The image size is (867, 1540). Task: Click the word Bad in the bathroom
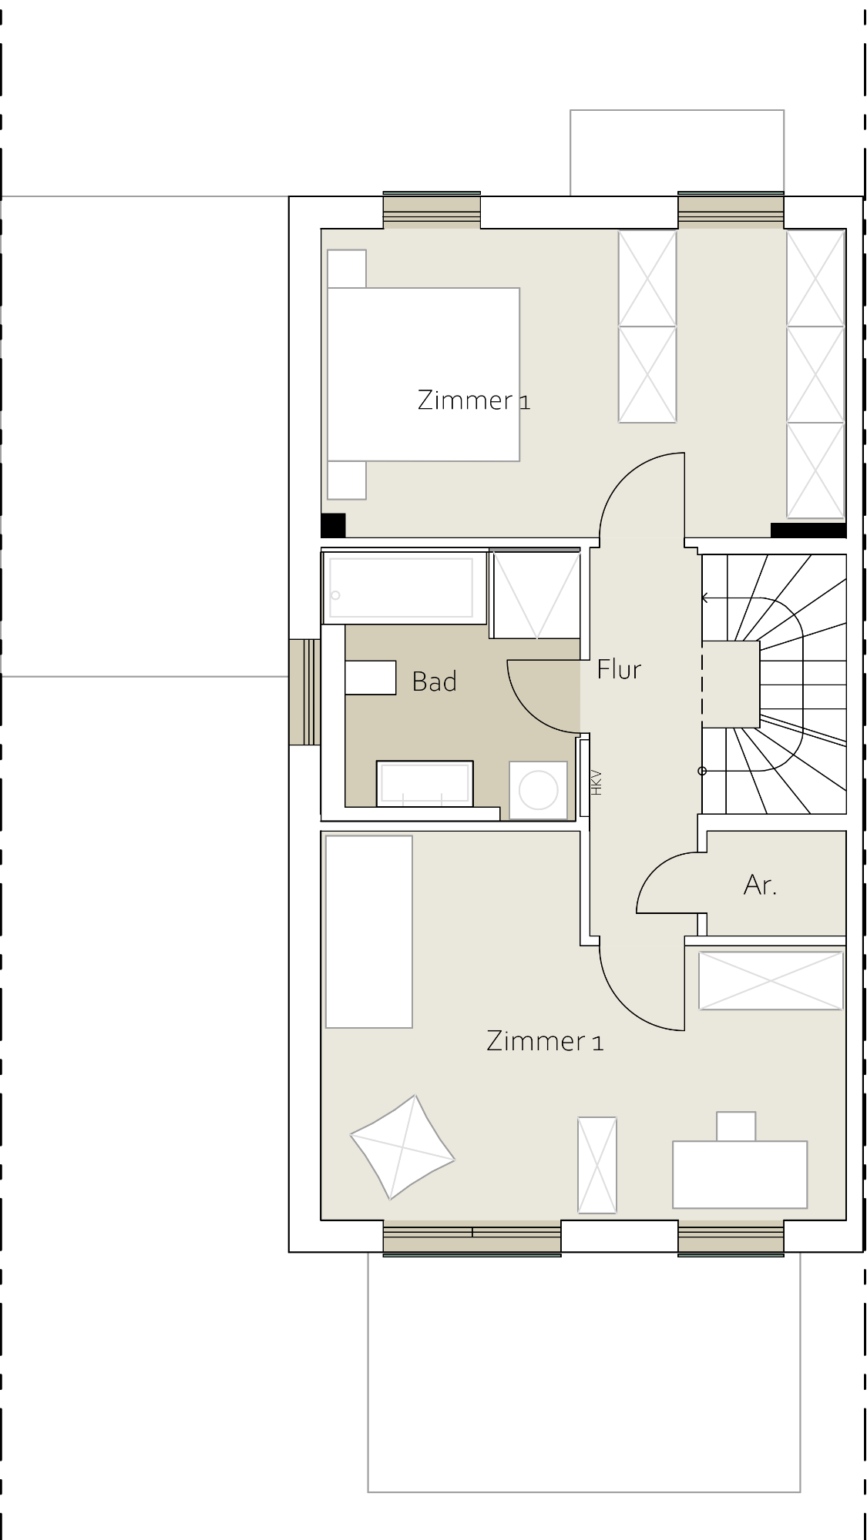coord(435,681)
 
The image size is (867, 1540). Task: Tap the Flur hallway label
coord(619,669)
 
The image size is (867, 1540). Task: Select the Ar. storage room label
coord(760,885)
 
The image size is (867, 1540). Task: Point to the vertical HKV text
coord(596,782)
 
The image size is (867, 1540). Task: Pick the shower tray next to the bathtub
coord(536,594)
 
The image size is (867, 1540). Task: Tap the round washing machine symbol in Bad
coord(538,790)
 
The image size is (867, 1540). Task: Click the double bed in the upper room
coord(423,374)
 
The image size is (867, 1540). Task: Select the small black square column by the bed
coord(333,525)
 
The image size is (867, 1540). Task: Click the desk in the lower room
coord(740,1174)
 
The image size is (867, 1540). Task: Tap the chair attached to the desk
coord(736,1126)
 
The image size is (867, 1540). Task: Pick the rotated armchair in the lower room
coord(402,1147)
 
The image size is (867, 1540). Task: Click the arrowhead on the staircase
coord(705,598)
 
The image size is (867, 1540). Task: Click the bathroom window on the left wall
coord(304,692)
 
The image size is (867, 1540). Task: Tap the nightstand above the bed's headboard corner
coord(347,269)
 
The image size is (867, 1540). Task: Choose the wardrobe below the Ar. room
coord(771,980)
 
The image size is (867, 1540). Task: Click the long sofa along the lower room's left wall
coord(369,932)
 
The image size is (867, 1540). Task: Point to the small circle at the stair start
coord(702,771)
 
